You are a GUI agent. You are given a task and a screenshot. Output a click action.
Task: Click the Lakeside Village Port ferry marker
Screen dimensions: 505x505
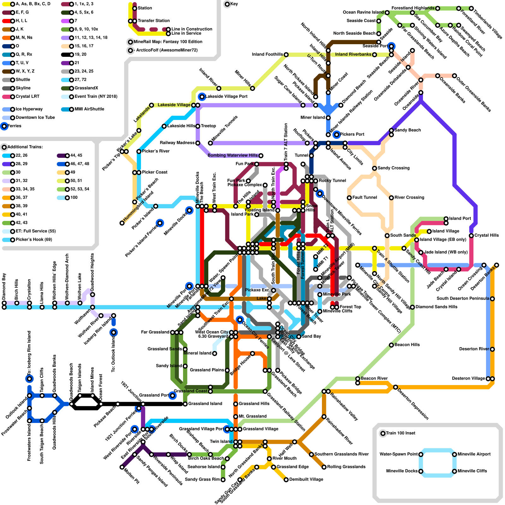202,97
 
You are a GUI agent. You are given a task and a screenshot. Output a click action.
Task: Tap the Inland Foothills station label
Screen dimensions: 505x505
267,54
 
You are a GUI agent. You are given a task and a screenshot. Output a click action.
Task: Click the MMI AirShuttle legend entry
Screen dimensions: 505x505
89,109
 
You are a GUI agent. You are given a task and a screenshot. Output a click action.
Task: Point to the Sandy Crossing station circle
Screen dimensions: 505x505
374,168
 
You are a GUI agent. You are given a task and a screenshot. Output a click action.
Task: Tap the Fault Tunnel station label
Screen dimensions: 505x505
364,198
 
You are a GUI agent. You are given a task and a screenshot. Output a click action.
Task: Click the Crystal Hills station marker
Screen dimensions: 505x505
471,235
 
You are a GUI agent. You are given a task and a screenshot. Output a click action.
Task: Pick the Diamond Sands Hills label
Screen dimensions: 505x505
436,307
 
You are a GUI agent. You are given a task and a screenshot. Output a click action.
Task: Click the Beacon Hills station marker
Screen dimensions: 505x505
391,345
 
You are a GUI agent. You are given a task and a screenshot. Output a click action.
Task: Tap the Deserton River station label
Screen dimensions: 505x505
474,349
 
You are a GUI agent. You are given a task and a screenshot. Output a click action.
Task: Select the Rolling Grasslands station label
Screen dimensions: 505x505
346,467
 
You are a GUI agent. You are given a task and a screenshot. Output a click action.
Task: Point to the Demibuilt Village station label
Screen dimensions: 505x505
306,479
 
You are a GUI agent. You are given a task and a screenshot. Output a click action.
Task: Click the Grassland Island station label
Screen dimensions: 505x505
205,404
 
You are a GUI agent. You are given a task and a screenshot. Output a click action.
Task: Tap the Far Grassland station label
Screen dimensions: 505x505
155,332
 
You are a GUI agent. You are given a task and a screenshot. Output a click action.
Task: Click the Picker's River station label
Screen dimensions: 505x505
156,151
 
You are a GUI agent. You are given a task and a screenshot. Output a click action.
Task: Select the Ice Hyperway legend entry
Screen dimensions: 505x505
29,109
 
